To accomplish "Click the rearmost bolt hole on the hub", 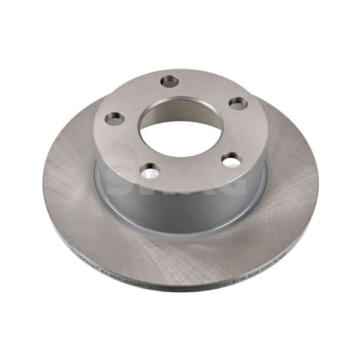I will pyautogui.click(x=170, y=80).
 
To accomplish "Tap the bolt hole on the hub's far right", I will pyautogui.click(x=238, y=103).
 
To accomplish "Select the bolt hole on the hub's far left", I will pyautogui.click(x=114, y=118).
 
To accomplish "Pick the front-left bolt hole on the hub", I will pyautogui.click(x=150, y=172).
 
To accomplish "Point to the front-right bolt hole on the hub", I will pyautogui.click(x=232, y=160).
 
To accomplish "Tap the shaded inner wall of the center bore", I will pyautogui.click(x=180, y=111).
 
